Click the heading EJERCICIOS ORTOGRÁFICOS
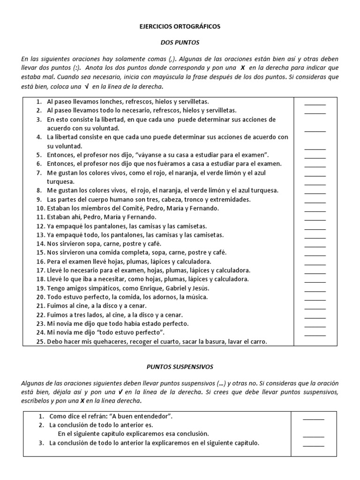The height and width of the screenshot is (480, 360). coord(180,27)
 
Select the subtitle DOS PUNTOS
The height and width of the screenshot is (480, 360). coord(180,43)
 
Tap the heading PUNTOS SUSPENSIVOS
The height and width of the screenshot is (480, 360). coord(180,367)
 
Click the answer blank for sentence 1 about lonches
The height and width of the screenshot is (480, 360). coord(315,104)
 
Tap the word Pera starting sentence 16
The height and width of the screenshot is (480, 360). coord(53,262)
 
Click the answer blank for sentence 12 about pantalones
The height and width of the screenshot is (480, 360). coord(315,228)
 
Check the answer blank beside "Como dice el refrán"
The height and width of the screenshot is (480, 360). coord(313,418)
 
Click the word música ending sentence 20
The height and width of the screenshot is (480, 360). coord(197,297)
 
